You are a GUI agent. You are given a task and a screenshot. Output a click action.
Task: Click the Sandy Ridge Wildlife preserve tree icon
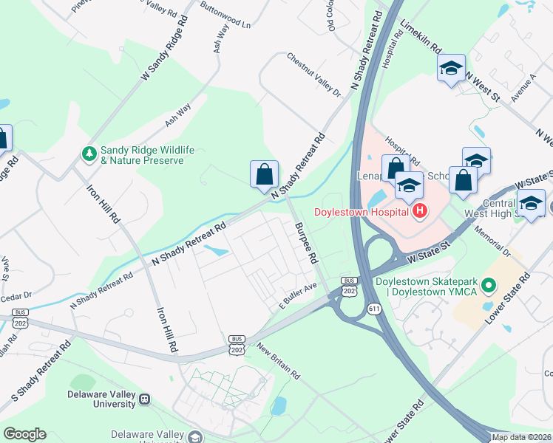click(89, 154)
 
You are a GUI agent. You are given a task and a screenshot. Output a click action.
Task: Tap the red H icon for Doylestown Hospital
click(420, 212)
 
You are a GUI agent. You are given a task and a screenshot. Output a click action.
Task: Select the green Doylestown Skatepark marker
click(488, 284)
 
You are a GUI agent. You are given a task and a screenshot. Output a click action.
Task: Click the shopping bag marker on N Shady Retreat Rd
click(264, 175)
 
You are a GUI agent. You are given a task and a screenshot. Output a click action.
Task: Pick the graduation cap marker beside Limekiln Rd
click(451, 69)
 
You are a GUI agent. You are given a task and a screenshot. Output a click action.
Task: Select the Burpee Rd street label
click(305, 244)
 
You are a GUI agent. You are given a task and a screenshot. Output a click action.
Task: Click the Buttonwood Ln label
click(225, 17)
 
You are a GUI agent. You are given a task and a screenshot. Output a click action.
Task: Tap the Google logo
click(25, 433)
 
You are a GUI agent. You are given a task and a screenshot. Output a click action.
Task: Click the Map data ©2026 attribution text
click(521, 437)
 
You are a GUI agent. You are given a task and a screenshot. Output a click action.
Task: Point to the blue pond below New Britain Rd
click(279, 405)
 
